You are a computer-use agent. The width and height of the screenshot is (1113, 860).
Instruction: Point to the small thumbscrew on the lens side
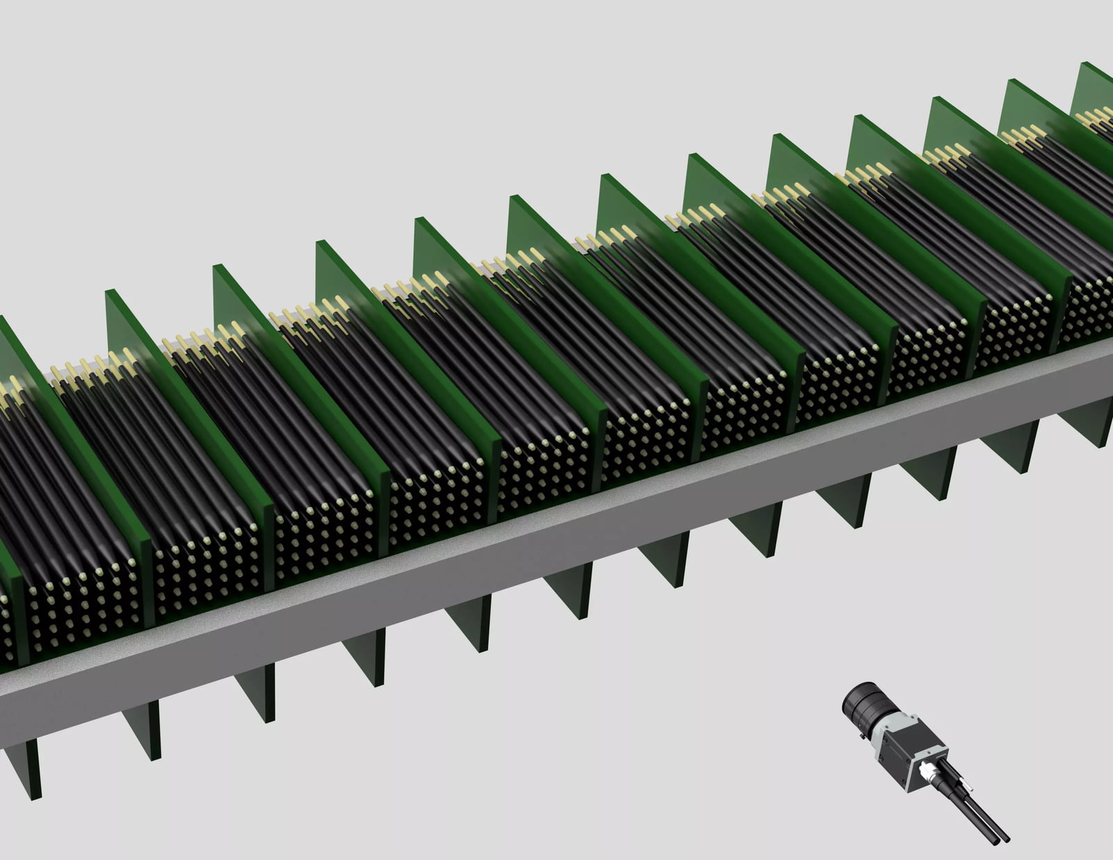[862, 736]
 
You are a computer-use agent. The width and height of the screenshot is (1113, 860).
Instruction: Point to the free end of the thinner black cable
[1007, 840]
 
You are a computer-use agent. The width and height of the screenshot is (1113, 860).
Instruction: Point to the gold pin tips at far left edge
[10, 390]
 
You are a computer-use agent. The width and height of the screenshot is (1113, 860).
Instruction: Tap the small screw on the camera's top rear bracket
[929, 753]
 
